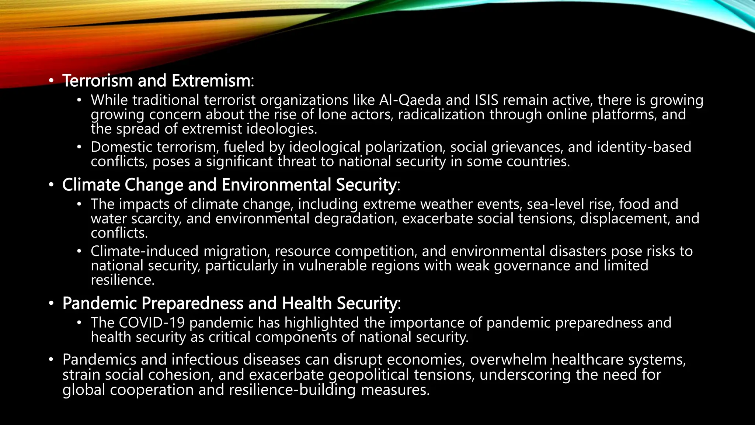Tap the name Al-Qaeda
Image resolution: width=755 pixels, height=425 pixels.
click(410, 100)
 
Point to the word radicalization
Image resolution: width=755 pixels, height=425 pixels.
click(441, 115)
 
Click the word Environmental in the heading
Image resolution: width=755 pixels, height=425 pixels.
click(276, 185)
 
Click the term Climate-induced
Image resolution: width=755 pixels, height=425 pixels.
click(145, 251)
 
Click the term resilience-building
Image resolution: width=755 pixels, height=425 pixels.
click(292, 390)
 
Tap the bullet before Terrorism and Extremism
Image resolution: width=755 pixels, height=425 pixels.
click(51, 80)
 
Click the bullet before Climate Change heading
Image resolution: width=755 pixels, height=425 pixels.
click(51, 184)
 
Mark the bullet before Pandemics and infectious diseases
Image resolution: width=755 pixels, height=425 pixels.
click(51, 359)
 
